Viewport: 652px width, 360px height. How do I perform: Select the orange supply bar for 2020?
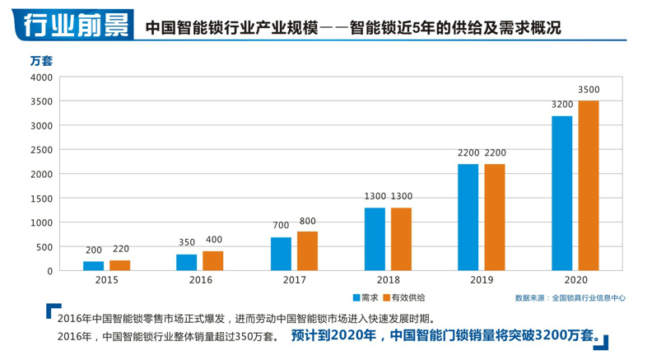pyautogui.click(x=589, y=185)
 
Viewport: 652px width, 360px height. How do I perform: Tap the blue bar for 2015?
pyautogui.click(x=93, y=265)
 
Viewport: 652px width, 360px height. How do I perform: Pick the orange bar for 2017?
pyautogui.click(x=307, y=250)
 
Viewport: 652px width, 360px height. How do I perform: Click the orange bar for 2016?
pyautogui.click(x=213, y=260)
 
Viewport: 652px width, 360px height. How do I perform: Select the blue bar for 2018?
pyautogui.click(x=375, y=239)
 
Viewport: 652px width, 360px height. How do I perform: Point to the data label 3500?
pyautogui.click(x=589, y=89)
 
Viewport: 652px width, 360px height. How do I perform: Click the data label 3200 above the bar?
pyautogui.click(x=562, y=105)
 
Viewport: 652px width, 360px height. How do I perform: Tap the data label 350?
pyautogui.click(x=187, y=243)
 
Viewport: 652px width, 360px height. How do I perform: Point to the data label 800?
pyautogui.click(x=307, y=221)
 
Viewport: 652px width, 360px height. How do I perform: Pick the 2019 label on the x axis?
pyautogui.click(x=482, y=281)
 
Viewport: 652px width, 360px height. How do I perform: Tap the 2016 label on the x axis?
pyautogui.click(x=200, y=281)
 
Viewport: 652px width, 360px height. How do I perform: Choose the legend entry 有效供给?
pyautogui.click(x=408, y=297)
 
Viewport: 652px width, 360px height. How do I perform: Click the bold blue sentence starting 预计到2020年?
pyautogui.click(x=444, y=335)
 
